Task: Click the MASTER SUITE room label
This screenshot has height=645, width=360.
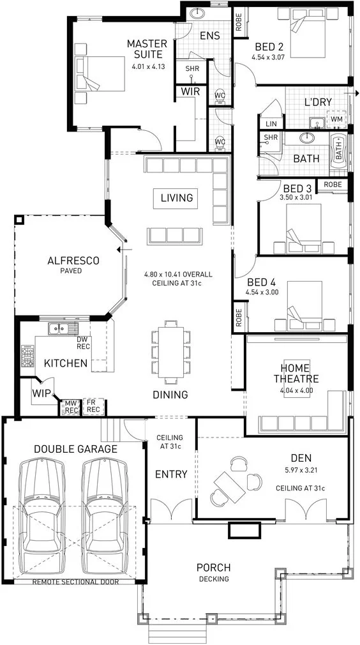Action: tap(147, 49)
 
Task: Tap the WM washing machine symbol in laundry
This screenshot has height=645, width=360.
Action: tap(336, 119)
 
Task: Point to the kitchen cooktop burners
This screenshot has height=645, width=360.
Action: tap(28, 356)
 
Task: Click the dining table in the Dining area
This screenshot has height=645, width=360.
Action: tap(170, 353)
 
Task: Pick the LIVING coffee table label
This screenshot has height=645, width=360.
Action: tap(177, 198)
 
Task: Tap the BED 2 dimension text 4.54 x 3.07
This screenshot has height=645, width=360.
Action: tap(268, 57)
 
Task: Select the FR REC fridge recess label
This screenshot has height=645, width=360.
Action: tap(93, 407)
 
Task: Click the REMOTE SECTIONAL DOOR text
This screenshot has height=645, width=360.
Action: tap(75, 582)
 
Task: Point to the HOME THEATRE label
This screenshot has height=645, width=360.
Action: tap(296, 373)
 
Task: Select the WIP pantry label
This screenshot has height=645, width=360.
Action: tap(41, 393)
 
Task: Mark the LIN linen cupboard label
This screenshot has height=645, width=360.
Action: tap(271, 124)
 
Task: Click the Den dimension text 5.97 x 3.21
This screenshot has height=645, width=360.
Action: tap(301, 469)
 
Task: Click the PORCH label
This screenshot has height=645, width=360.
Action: tap(213, 568)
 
